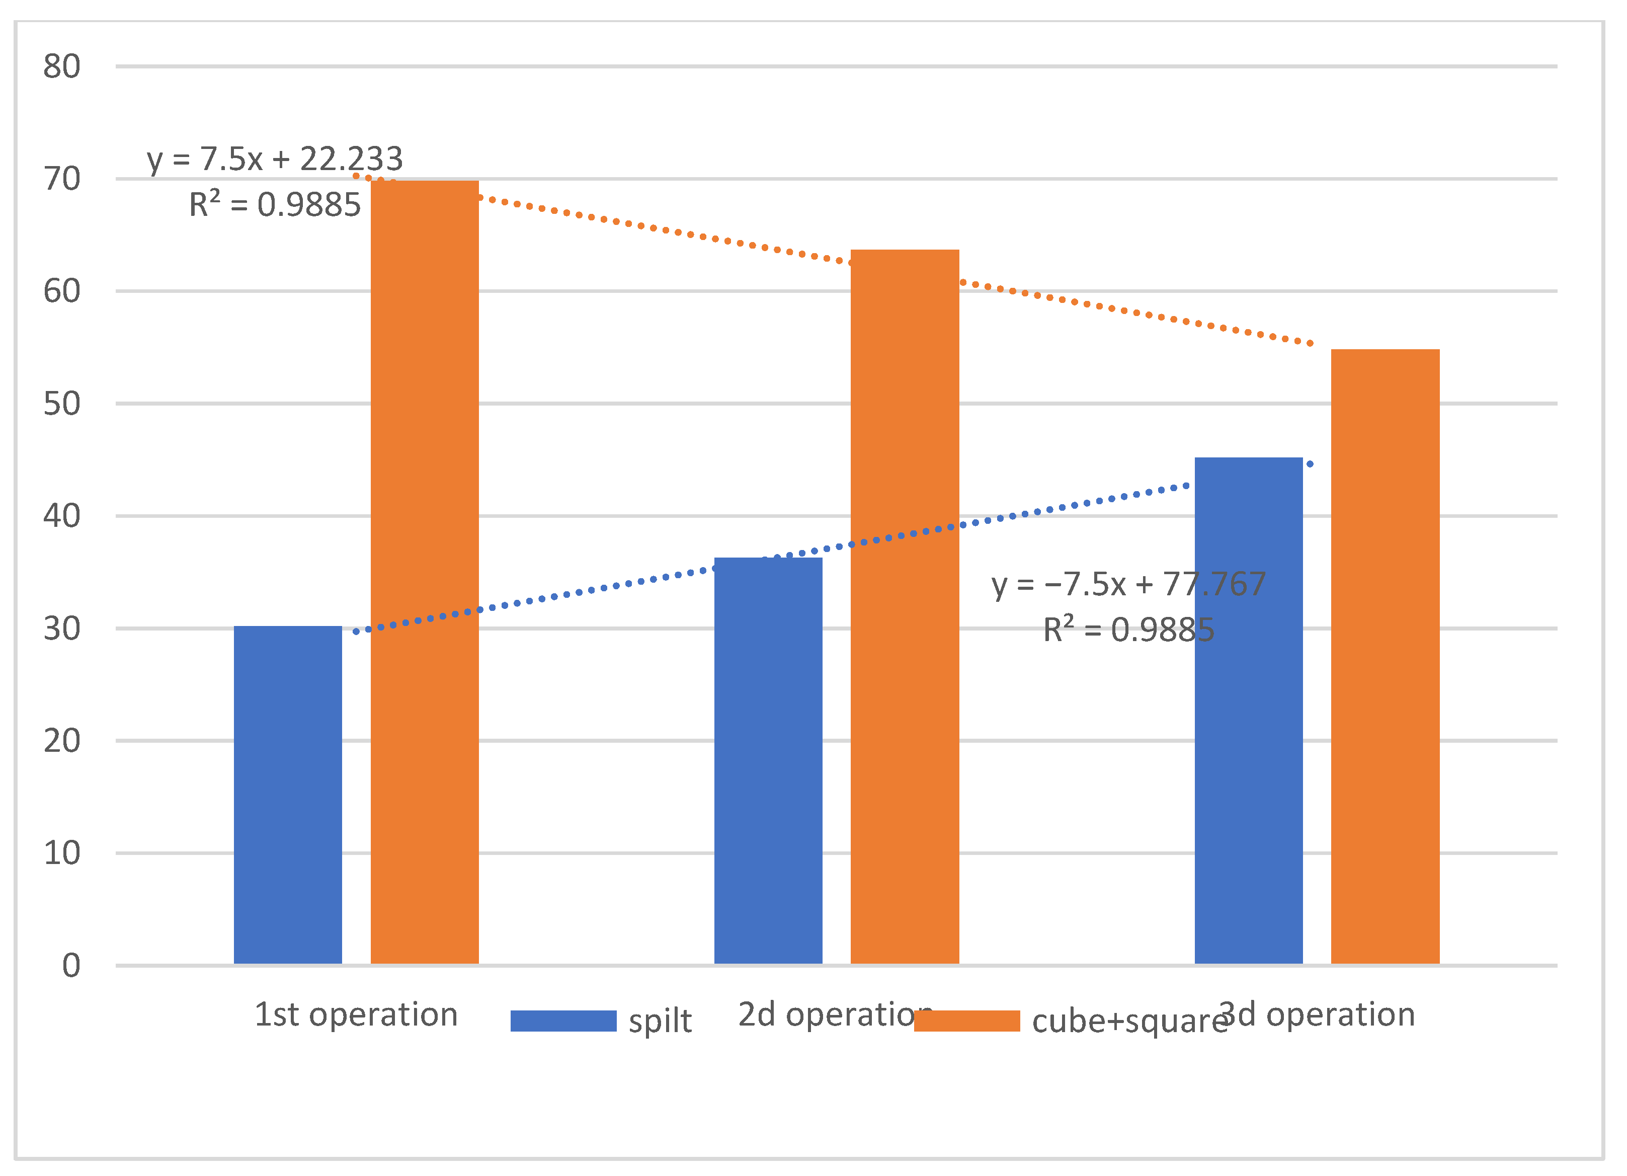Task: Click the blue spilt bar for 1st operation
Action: (288, 795)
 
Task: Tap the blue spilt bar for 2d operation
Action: (768, 760)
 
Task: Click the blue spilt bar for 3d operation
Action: (1248, 711)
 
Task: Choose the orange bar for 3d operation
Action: (1385, 657)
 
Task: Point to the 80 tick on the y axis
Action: (62, 67)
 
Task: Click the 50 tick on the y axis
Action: (62, 404)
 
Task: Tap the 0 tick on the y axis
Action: (71, 966)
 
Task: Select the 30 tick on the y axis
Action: (62, 629)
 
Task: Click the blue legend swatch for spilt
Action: (563, 1021)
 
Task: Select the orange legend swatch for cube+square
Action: (966, 1021)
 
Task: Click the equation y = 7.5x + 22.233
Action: (275, 159)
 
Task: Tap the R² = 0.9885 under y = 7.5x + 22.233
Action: (275, 204)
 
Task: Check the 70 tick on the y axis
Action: (62, 179)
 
